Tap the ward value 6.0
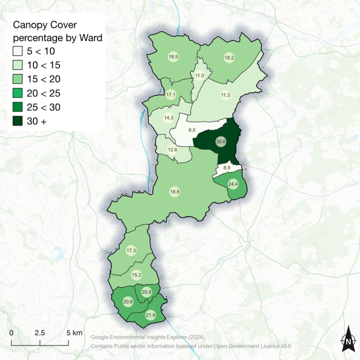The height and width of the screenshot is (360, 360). (x=192, y=130)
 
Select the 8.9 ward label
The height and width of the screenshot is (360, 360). (x=227, y=168)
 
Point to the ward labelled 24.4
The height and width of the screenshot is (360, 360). (x=233, y=184)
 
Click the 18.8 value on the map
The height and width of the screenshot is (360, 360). (x=175, y=192)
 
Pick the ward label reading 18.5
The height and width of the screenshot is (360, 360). (x=173, y=57)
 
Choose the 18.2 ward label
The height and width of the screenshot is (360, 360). (x=229, y=58)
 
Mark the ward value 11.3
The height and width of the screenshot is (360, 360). (x=225, y=95)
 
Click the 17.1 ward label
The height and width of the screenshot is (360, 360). (x=170, y=95)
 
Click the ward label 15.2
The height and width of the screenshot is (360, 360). (x=136, y=275)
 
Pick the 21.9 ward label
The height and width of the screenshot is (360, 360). (x=150, y=315)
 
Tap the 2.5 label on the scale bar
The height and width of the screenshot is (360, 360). (x=40, y=333)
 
